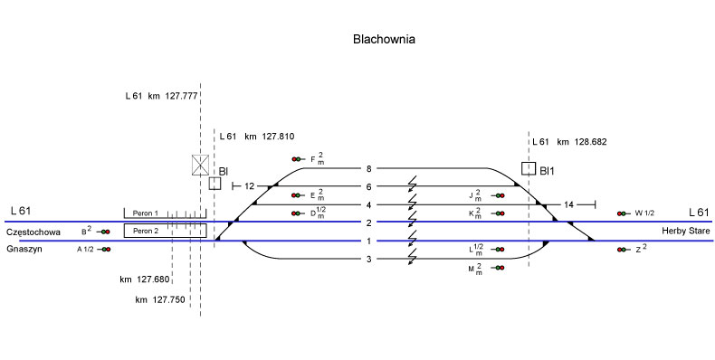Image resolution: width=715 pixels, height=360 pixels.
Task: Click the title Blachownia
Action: coord(384,39)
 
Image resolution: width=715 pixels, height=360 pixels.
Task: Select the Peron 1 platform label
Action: coord(145,213)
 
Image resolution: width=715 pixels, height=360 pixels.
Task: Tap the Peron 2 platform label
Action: coord(146,231)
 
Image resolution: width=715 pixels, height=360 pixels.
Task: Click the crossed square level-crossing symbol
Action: coord(200,165)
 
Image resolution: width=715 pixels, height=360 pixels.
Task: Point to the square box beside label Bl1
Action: coord(529,168)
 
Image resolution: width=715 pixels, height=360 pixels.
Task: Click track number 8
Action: coord(369,169)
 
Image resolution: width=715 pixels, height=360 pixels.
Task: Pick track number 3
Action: coord(369,260)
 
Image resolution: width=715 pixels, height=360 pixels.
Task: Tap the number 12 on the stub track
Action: coord(250,186)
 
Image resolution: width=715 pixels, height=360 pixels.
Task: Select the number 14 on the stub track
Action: coord(568,205)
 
